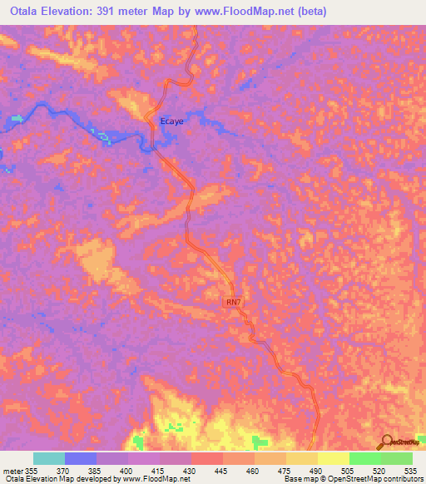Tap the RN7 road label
[235, 303]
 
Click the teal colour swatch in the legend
[49, 458]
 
